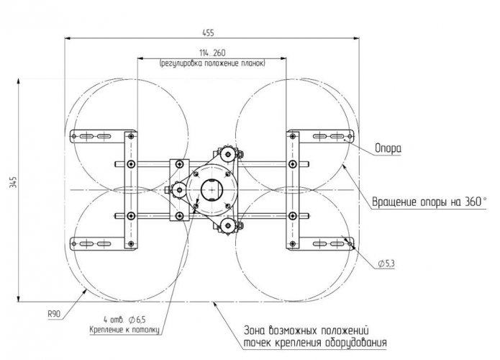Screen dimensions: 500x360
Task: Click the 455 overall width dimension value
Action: (x=208, y=33)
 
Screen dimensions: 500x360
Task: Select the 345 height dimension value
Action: (x=14, y=182)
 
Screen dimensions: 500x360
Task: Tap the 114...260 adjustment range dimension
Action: (x=212, y=53)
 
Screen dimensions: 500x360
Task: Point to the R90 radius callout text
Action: (x=54, y=314)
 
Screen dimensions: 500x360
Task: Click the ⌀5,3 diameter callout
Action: (x=386, y=264)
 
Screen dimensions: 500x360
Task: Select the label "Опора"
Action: (x=388, y=148)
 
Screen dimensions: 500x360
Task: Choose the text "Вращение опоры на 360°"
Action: (x=429, y=202)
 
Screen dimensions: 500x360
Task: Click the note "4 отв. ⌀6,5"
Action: (x=124, y=319)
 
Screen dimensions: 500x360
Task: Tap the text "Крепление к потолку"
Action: (x=124, y=330)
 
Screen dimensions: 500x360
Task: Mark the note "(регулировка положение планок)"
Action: (x=212, y=63)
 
